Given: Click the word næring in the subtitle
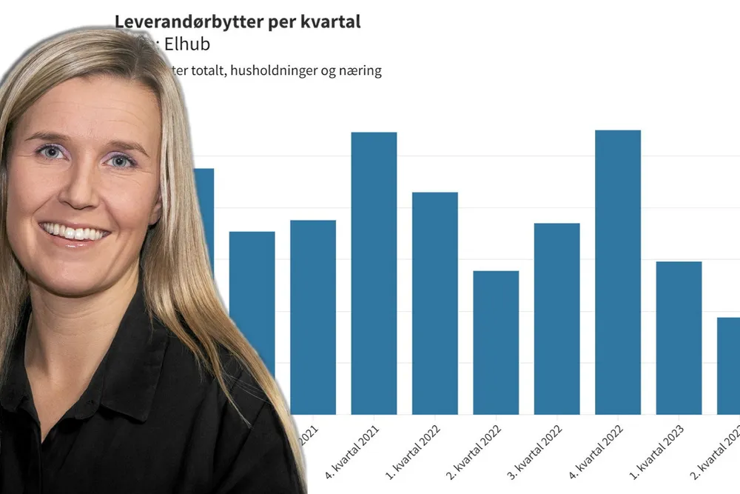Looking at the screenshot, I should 360,72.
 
